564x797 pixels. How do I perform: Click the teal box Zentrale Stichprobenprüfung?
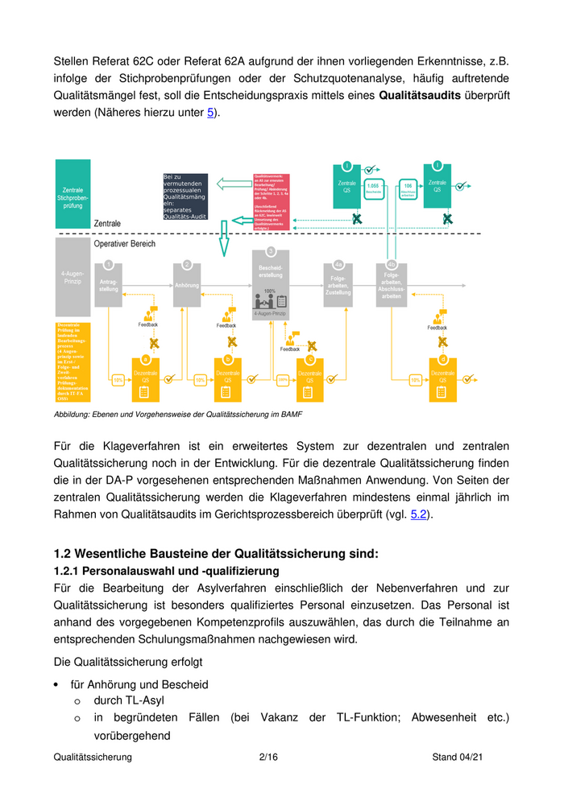coord(73,195)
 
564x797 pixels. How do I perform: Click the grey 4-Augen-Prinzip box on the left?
coord(73,278)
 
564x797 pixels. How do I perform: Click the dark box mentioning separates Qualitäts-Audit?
coord(185,196)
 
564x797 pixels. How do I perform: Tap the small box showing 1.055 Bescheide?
coord(373,188)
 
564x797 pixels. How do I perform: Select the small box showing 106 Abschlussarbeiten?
coord(408,188)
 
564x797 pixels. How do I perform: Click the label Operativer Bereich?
coord(125,243)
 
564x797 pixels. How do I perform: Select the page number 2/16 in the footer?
coord(268,758)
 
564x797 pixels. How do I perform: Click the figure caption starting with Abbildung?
coord(178,414)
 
